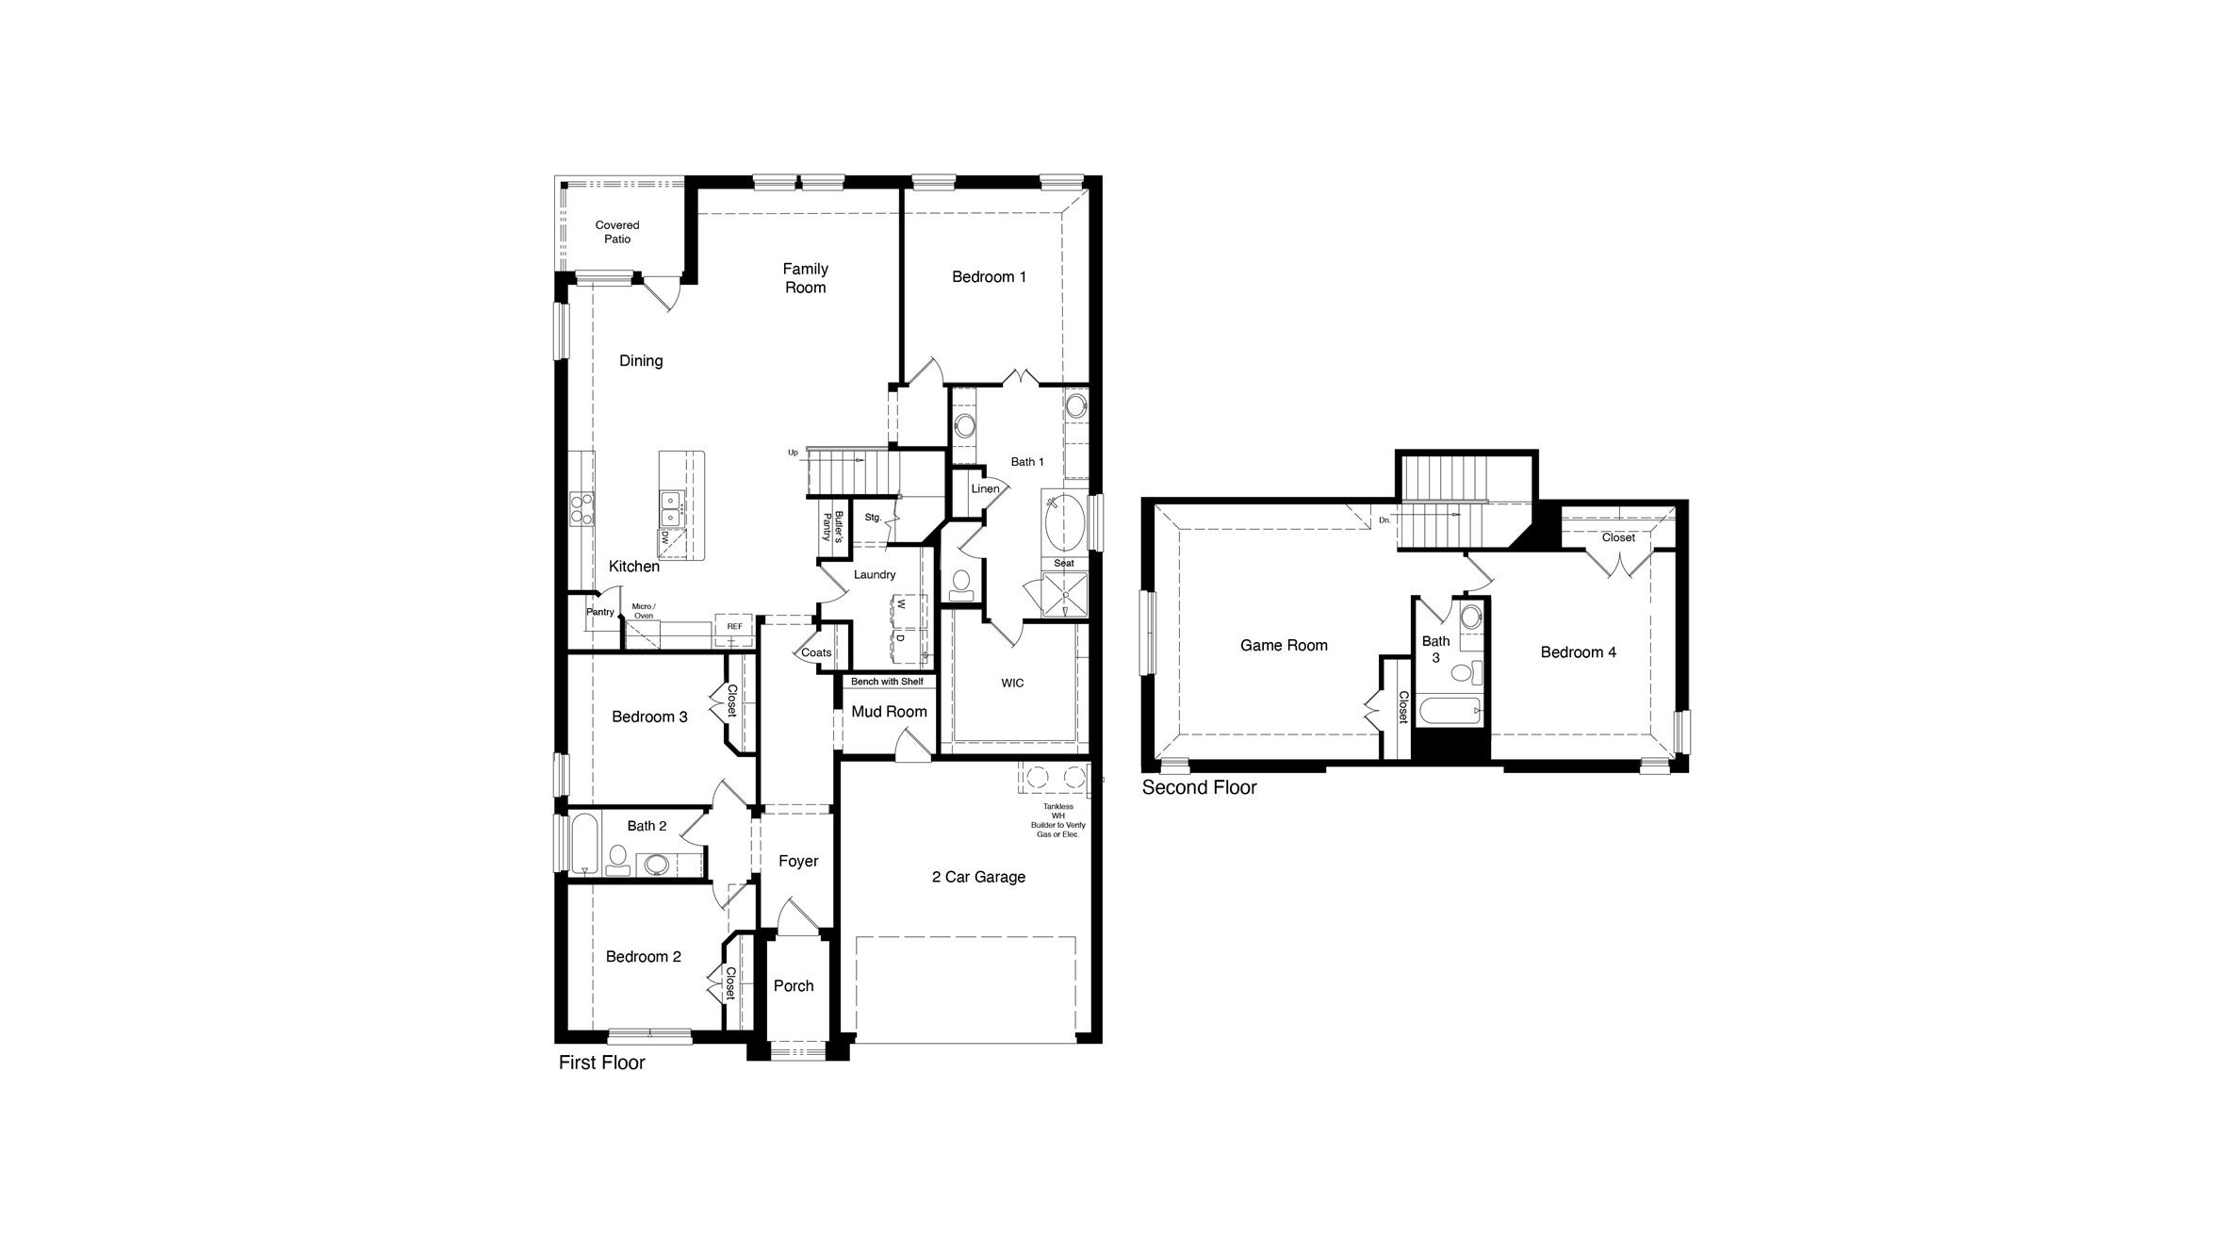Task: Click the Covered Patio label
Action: tap(617, 232)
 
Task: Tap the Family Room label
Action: tap(805, 278)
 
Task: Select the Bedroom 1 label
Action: tap(989, 277)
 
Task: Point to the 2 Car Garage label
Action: tap(978, 877)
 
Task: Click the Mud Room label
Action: tap(889, 712)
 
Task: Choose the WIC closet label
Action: tap(1012, 684)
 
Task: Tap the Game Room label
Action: tap(1284, 646)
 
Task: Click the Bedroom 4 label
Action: tap(1578, 652)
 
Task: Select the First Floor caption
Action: tap(601, 1063)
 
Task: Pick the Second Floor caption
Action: tap(1199, 787)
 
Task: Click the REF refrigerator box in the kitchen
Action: tap(734, 627)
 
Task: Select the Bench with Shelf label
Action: tap(887, 682)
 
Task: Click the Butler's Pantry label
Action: tap(831, 526)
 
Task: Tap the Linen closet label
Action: tap(985, 489)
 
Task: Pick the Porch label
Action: tap(794, 986)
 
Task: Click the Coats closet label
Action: tap(816, 652)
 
